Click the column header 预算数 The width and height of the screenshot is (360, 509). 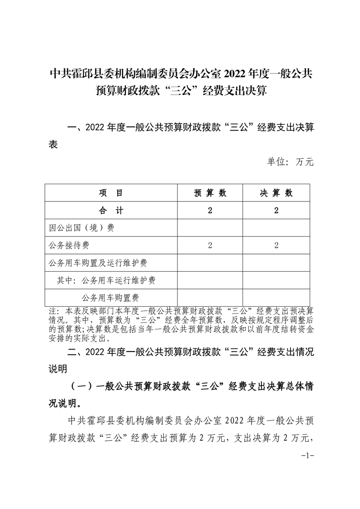coord(210,193)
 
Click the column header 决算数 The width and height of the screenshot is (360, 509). coord(276,193)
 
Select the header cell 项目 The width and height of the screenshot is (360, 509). coord(111,193)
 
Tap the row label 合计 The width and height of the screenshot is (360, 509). coord(111,210)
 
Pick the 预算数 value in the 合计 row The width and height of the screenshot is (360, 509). coord(210,210)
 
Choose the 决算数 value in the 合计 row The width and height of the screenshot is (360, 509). coord(276,210)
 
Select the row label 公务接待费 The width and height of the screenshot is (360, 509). coord(69,245)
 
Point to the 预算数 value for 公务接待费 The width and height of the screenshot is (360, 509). coord(210,245)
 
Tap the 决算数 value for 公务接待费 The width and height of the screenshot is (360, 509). coord(276,245)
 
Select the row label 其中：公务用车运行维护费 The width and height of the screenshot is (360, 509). coord(106,280)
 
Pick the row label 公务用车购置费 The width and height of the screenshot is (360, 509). coord(110,298)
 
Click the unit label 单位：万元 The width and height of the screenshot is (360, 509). coord(290,162)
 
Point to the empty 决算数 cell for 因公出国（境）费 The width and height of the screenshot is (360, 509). coord(276,228)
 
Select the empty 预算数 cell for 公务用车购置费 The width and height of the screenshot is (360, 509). coord(210,298)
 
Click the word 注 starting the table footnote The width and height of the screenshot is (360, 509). coord(52,311)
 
